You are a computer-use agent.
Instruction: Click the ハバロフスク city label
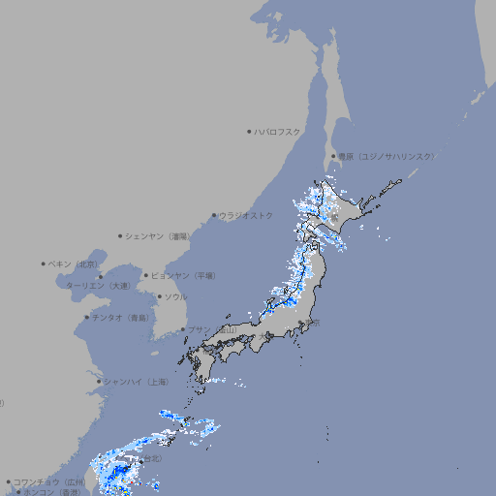click(x=278, y=131)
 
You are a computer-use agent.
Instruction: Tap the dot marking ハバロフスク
click(x=249, y=131)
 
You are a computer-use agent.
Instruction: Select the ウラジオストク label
click(x=246, y=215)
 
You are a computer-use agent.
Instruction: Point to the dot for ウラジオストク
click(x=214, y=216)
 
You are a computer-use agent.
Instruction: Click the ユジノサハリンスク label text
click(x=386, y=156)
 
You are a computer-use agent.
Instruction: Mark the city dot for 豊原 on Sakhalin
click(x=333, y=156)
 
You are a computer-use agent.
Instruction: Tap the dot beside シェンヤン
click(x=121, y=235)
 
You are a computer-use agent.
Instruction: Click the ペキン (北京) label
click(x=74, y=263)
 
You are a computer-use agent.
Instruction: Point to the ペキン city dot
click(x=44, y=263)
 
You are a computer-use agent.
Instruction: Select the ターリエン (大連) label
click(x=97, y=286)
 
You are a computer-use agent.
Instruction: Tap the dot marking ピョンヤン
click(x=147, y=275)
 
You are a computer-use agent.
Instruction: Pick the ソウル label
click(x=175, y=296)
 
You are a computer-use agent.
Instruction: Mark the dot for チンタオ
click(x=86, y=317)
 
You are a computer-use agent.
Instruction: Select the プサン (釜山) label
click(x=211, y=329)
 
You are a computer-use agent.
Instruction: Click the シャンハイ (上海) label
click(x=136, y=382)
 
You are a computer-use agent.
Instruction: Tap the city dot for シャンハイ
click(x=99, y=382)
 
